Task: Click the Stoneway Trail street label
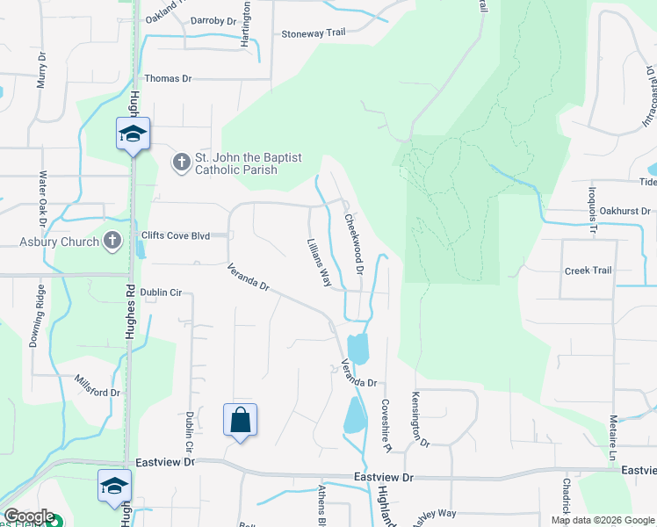(314, 33)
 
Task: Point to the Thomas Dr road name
(168, 79)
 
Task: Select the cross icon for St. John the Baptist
(181, 162)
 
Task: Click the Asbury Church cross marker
(112, 241)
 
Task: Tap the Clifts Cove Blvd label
(176, 236)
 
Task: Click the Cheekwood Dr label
(353, 243)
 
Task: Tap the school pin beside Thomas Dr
(133, 134)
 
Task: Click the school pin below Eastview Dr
(115, 486)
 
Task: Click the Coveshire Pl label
(386, 424)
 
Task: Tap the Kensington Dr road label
(420, 419)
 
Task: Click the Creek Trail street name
(588, 271)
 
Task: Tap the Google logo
(29, 516)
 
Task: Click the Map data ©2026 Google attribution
(602, 520)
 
